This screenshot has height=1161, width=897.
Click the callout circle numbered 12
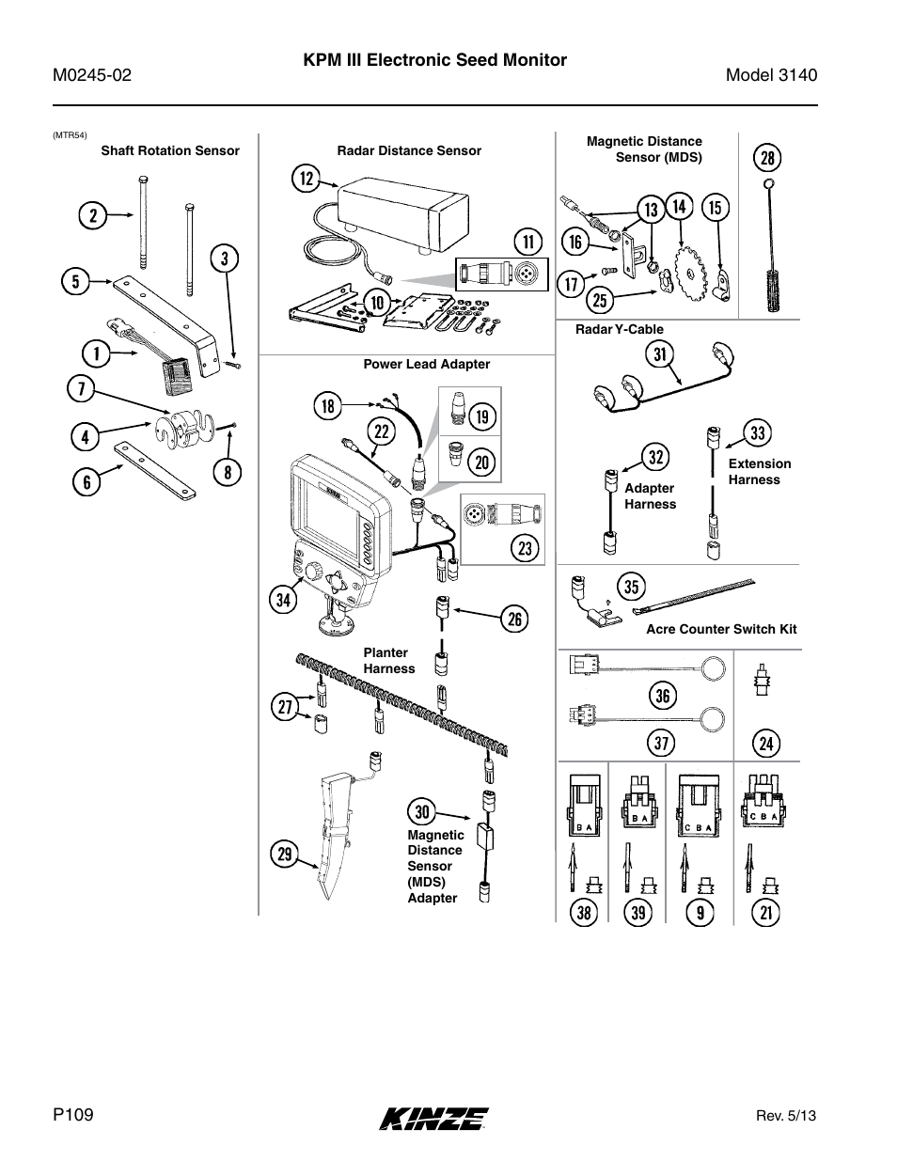point(307,179)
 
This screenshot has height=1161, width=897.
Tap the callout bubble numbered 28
point(767,158)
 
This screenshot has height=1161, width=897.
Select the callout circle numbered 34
point(283,600)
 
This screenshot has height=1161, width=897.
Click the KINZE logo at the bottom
point(433,1119)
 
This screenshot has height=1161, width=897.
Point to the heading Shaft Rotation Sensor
point(170,151)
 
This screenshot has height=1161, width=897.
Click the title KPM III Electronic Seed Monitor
point(435,60)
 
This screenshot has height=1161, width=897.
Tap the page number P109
point(73,1115)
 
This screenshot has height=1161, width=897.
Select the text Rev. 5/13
point(786,1116)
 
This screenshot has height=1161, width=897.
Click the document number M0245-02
point(92,75)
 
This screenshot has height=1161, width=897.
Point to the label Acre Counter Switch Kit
point(721,630)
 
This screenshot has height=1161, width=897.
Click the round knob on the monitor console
point(311,573)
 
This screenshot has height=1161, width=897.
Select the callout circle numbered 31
point(660,354)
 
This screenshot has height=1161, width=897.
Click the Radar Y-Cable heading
point(620,330)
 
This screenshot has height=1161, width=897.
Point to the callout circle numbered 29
point(284,854)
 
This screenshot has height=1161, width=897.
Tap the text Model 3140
point(771,75)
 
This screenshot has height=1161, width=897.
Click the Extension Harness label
point(760,472)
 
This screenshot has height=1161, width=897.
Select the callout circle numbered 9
point(700,913)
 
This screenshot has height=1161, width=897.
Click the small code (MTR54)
point(70,135)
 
